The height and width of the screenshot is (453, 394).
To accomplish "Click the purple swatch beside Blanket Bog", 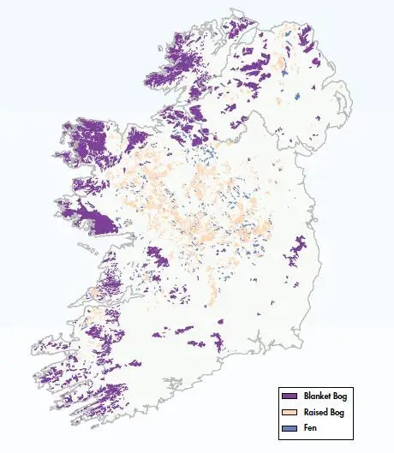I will (288, 396).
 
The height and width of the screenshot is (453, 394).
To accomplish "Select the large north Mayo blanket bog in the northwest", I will (90, 141).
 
